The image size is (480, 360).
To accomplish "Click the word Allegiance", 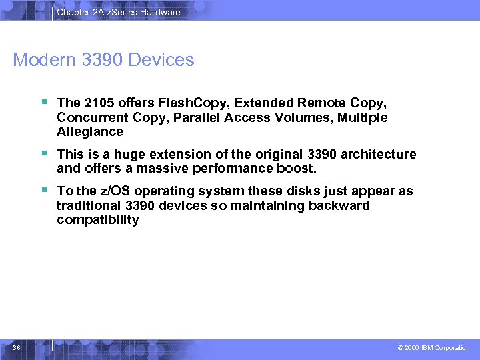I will tap(90, 132).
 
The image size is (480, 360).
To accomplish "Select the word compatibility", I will tap(98, 221).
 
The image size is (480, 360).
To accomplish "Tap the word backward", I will tap(339, 206).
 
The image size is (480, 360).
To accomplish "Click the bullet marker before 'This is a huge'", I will tap(43, 154).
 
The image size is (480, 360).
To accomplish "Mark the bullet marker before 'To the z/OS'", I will tap(43, 191).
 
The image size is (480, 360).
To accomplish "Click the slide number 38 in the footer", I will tap(17, 347).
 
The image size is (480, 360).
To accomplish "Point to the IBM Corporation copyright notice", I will tap(433, 348).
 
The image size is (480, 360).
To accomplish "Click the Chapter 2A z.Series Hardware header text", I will tap(118, 12).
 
